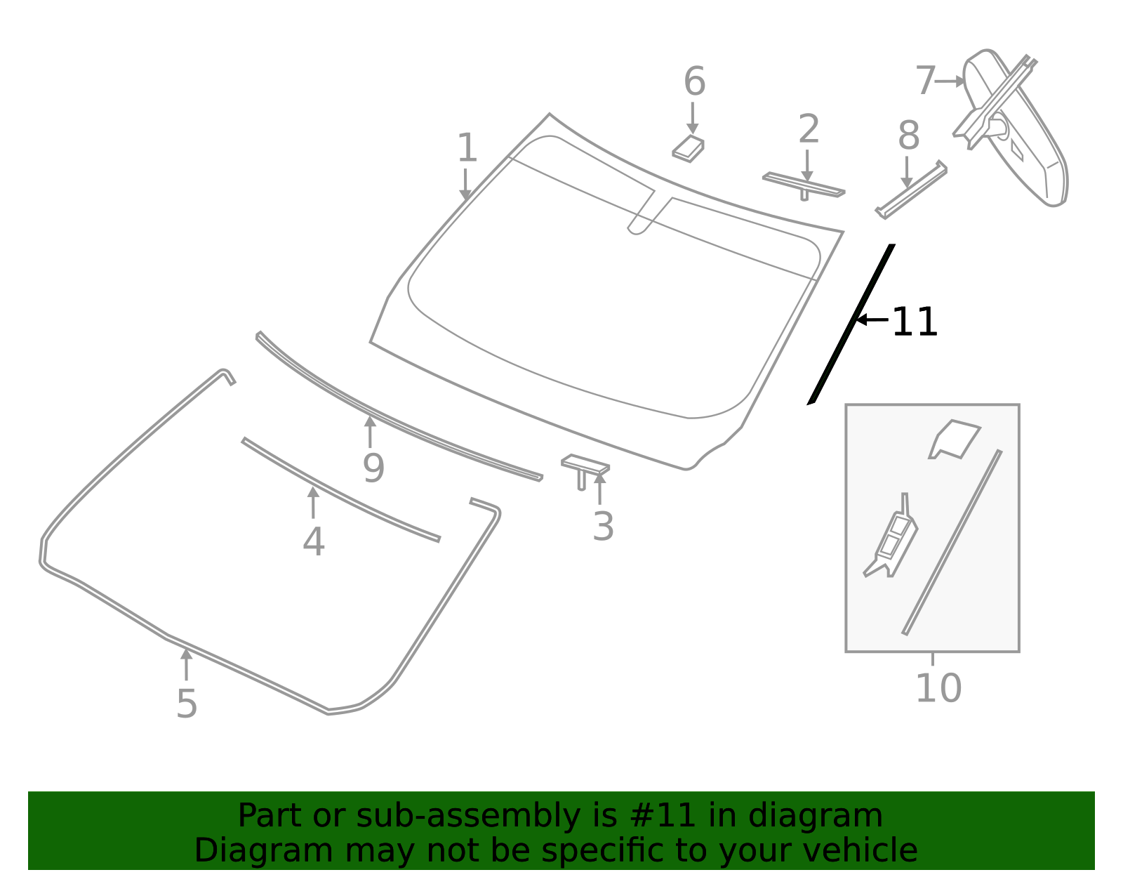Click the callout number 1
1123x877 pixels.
[467, 148]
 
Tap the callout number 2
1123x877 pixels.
[809, 130]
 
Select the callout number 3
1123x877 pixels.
[603, 527]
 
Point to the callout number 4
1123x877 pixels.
[314, 542]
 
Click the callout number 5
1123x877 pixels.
[187, 704]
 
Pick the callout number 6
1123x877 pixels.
[694, 81]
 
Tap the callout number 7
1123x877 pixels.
[925, 81]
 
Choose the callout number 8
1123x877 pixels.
[908, 136]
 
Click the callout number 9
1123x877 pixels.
[373, 468]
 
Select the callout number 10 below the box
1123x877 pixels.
[938, 688]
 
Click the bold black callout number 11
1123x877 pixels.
[915, 322]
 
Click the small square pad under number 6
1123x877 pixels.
[689, 149]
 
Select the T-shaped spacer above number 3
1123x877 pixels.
[584, 468]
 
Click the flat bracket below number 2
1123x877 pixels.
[804, 185]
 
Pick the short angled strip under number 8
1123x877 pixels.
[911, 190]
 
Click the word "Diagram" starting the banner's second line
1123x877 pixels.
[235, 850]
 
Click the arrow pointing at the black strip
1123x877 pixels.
[872, 319]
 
